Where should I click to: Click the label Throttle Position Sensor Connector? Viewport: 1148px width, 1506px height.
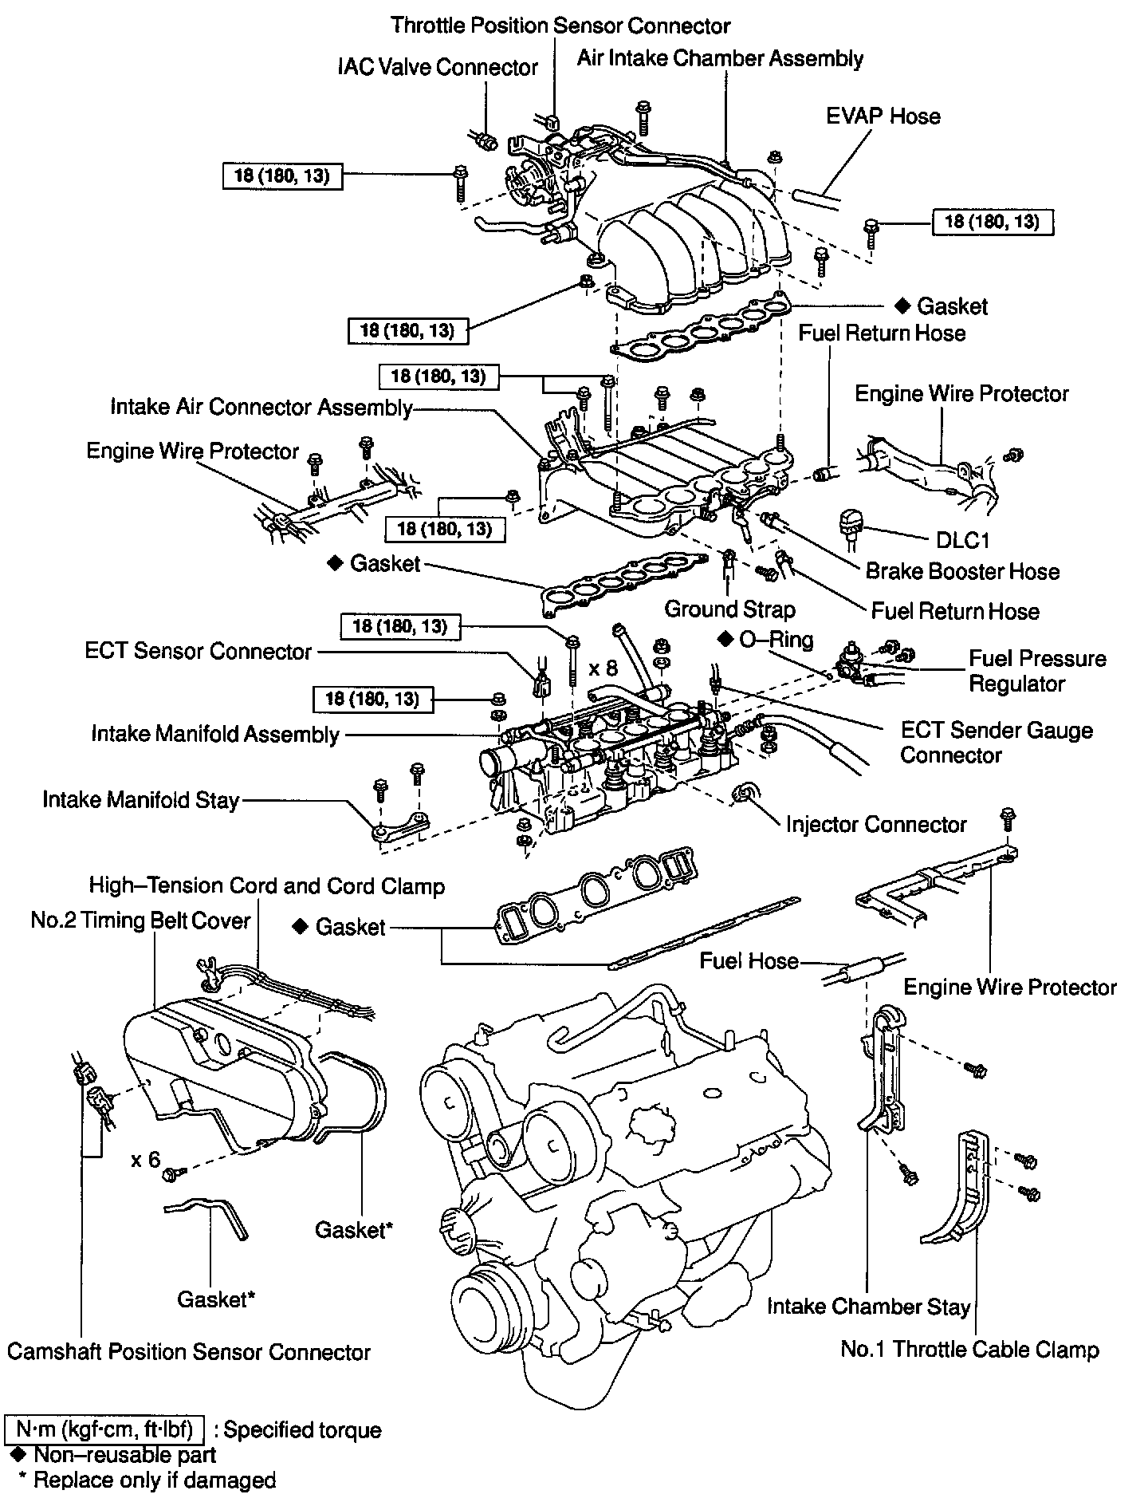tap(560, 26)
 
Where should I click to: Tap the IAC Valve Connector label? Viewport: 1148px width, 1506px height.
tap(438, 67)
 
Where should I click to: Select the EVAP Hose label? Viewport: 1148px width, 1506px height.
tap(883, 116)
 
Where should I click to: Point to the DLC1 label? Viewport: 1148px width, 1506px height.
tap(962, 540)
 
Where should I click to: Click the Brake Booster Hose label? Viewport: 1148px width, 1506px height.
tap(962, 571)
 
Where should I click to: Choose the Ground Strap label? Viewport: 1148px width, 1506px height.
tap(729, 609)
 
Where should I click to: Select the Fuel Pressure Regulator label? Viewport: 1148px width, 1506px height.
tap(1037, 671)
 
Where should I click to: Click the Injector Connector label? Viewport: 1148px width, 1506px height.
tap(875, 824)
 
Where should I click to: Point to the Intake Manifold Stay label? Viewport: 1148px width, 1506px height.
tap(141, 799)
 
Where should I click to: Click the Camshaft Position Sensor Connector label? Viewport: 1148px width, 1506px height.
tap(189, 1351)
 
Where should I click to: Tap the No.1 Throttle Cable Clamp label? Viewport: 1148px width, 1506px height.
tap(969, 1349)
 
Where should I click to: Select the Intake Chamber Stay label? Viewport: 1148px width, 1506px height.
tap(868, 1306)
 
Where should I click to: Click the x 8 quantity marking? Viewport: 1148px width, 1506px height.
tap(604, 668)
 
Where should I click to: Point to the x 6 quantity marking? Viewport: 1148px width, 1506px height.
tap(146, 1159)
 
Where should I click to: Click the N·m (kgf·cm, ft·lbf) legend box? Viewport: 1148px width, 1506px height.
tap(104, 1429)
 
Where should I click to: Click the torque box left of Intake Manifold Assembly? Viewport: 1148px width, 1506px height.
tap(373, 700)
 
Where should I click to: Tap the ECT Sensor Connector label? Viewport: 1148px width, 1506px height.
tap(198, 651)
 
